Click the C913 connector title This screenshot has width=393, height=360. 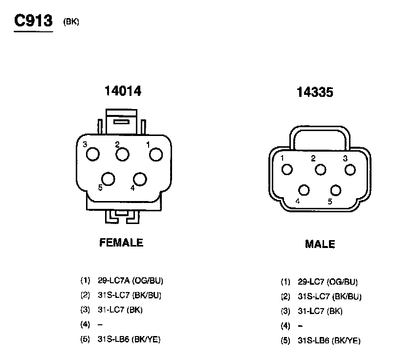[x=33, y=21]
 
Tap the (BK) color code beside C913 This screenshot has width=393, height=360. [x=71, y=22]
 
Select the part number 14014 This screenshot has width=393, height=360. [x=123, y=91]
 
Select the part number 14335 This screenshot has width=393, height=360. [x=315, y=92]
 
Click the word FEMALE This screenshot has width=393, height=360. [x=121, y=243]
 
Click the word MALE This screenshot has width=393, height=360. [x=320, y=244]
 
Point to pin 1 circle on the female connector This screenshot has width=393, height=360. [x=156, y=155]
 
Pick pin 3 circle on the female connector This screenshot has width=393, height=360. [x=93, y=154]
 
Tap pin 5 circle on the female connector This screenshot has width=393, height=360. [x=109, y=179]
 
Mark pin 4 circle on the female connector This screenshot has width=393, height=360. [x=140, y=179]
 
